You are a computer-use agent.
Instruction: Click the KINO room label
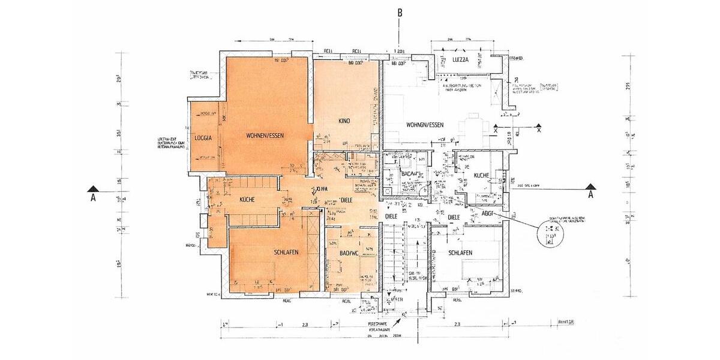[x=344, y=121]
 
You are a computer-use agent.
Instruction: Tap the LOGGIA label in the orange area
[x=203, y=139]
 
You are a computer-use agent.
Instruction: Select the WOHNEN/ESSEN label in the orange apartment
[x=265, y=136]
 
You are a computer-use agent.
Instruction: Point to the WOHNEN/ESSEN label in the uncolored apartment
[x=425, y=125]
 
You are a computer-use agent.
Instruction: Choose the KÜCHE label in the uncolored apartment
[x=482, y=176]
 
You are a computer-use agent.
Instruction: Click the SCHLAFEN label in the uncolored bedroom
[x=461, y=253]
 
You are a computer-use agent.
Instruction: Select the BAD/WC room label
[x=348, y=253]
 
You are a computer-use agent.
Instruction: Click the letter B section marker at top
[x=400, y=12]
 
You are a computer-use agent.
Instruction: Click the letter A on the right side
[x=590, y=195]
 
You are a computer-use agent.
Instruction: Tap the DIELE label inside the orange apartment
[x=346, y=200]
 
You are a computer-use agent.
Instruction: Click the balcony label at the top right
[x=464, y=61]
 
